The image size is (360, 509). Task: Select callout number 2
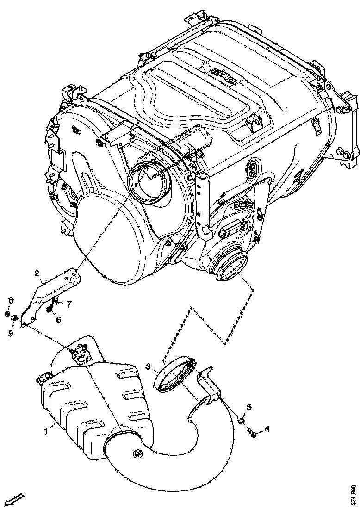37,273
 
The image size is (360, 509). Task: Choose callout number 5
249,407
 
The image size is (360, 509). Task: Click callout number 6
59,320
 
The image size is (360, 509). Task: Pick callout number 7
68,304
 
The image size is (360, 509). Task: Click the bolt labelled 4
254,434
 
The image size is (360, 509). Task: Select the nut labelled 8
8,315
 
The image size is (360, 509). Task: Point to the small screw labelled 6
50,310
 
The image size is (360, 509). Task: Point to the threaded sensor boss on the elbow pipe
137,454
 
